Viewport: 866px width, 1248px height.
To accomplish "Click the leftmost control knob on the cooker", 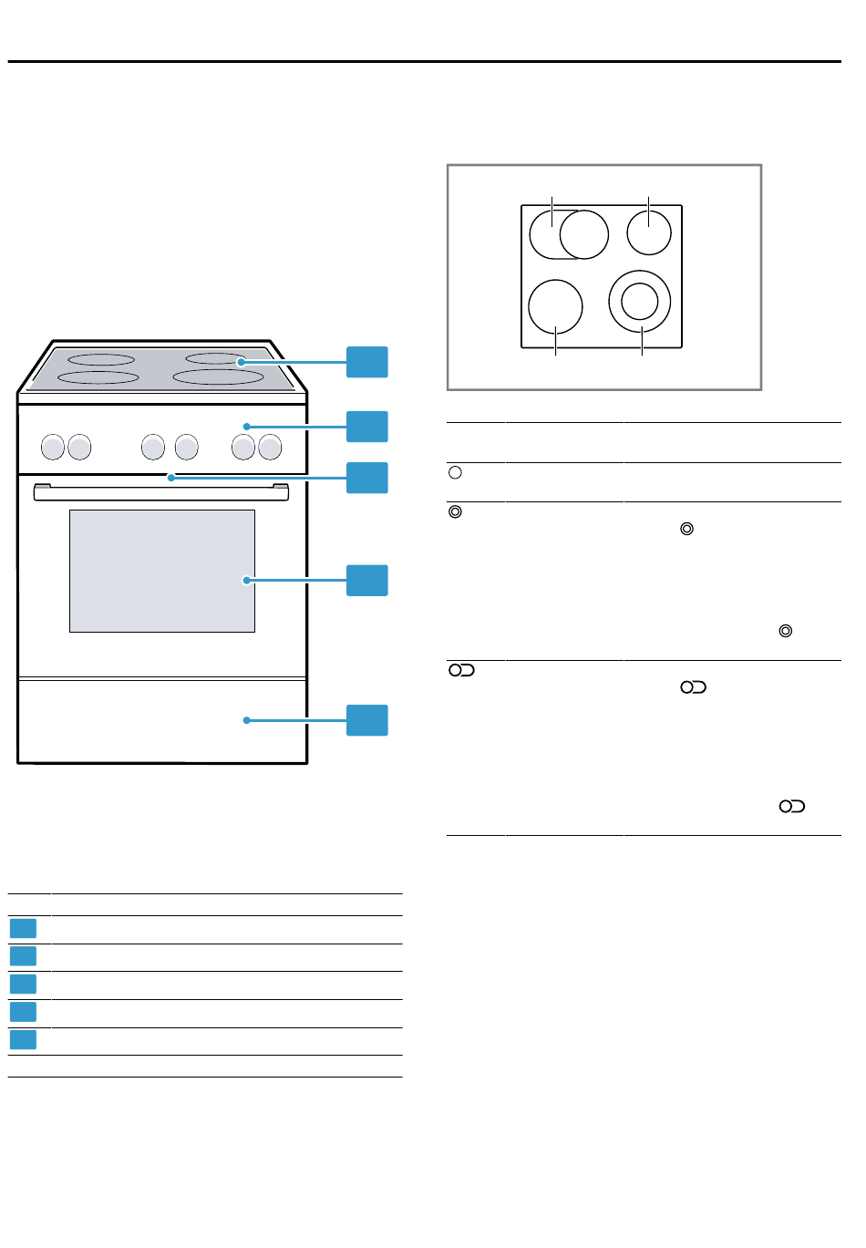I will tap(53, 447).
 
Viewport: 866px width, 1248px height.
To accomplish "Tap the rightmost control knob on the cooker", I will tap(270, 447).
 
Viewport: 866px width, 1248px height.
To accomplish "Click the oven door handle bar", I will tap(161, 492).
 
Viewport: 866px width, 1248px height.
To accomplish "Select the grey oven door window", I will tap(162, 571).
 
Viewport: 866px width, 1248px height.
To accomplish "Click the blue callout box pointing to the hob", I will tap(367, 362).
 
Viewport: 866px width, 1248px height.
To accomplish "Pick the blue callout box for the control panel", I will tap(367, 427).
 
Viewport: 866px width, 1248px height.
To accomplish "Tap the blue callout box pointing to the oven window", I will tap(367, 581).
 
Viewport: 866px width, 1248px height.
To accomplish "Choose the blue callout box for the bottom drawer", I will tap(367, 720).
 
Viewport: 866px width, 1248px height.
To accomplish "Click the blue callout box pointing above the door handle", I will tap(367, 478).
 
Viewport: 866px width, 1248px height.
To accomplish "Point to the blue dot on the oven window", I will tap(245, 580).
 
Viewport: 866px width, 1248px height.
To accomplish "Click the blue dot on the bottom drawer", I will tap(246, 720).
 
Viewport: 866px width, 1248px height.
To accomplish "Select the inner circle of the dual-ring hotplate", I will tap(639, 301).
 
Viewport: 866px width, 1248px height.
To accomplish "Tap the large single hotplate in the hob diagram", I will tap(555, 305).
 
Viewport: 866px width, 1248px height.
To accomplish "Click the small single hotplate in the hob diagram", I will tap(649, 232).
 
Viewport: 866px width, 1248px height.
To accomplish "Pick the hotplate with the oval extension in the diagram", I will tap(569, 234).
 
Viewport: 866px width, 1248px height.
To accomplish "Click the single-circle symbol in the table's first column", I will tap(456, 473).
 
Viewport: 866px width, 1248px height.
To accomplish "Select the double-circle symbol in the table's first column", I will tap(456, 512).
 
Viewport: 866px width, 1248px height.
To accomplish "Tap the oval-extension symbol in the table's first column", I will tap(461, 670).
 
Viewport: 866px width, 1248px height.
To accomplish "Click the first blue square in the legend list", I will tap(23, 929).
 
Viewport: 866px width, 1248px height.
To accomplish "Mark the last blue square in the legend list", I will tap(23, 1040).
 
